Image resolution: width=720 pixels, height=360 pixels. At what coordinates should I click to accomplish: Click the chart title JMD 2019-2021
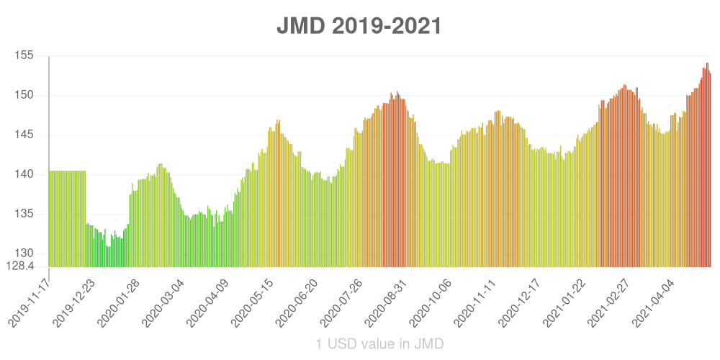(359, 27)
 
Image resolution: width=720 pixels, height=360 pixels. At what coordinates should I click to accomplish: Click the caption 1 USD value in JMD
(379, 343)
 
